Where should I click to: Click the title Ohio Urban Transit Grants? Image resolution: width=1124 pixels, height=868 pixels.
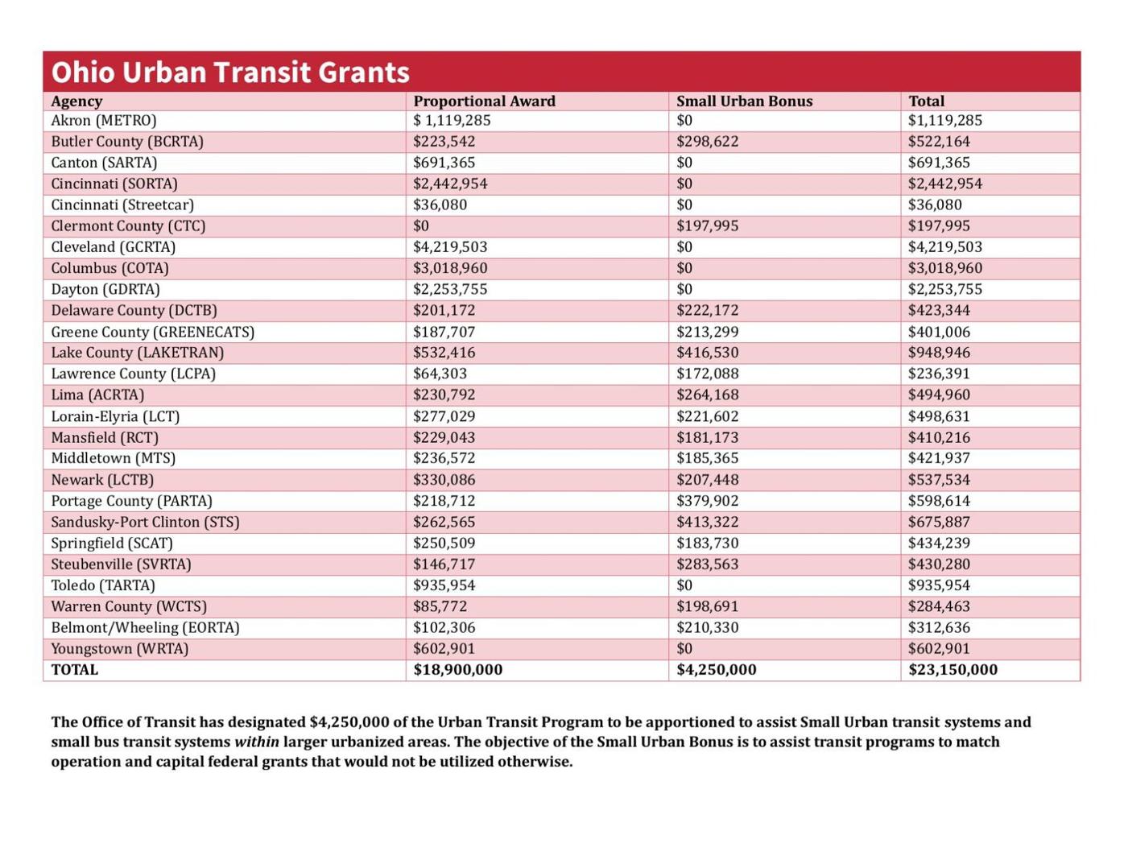[x=230, y=72]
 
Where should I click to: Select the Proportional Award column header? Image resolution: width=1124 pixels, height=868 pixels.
[x=484, y=101]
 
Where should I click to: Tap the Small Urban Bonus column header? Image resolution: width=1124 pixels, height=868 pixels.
[x=744, y=101]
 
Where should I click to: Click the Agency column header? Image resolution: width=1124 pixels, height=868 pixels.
[x=76, y=101]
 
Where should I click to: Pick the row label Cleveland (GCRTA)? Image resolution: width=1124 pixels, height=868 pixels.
[x=113, y=247]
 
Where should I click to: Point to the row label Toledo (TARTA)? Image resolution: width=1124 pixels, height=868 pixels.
[x=103, y=585]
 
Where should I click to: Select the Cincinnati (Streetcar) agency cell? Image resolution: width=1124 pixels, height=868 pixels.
[x=122, y=205]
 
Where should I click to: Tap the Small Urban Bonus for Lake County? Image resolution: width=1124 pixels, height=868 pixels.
[x=707, y=353]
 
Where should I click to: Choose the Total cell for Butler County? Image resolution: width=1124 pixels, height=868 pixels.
[x=939, y=142]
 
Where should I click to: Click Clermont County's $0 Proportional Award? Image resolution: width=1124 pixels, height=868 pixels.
[x=421, y=226]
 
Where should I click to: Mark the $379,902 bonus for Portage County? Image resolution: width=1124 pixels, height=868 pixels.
[x=707, y=501]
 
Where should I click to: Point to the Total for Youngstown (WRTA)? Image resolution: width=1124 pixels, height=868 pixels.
[x=939, y=649]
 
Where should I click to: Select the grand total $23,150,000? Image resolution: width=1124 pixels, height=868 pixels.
[x=953, y=670]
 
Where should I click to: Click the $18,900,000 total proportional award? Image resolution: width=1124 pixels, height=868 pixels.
[x=457, y=670]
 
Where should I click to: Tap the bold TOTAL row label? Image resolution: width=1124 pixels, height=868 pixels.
[x=74, y=670]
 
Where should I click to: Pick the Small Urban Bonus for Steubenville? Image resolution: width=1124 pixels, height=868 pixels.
[x=707, y=564]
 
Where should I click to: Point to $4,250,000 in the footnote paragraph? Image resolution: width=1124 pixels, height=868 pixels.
[x=349, y=722]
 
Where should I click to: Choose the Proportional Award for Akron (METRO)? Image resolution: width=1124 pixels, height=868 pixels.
[x=452, y=121]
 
